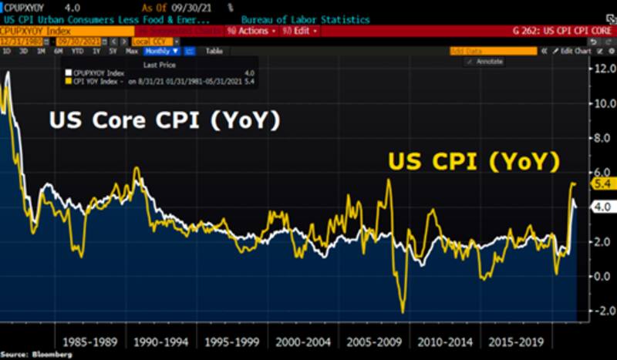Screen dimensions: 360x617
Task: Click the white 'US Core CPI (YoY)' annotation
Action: (x=164, y=122)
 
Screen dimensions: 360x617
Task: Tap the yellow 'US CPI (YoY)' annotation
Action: (x=473, y=162)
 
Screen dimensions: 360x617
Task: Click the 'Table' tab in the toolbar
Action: (x=214, y=51)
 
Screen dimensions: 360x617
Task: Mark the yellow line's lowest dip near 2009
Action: (x=403, y=311)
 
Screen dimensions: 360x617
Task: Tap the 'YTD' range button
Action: (x=77, y=51)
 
